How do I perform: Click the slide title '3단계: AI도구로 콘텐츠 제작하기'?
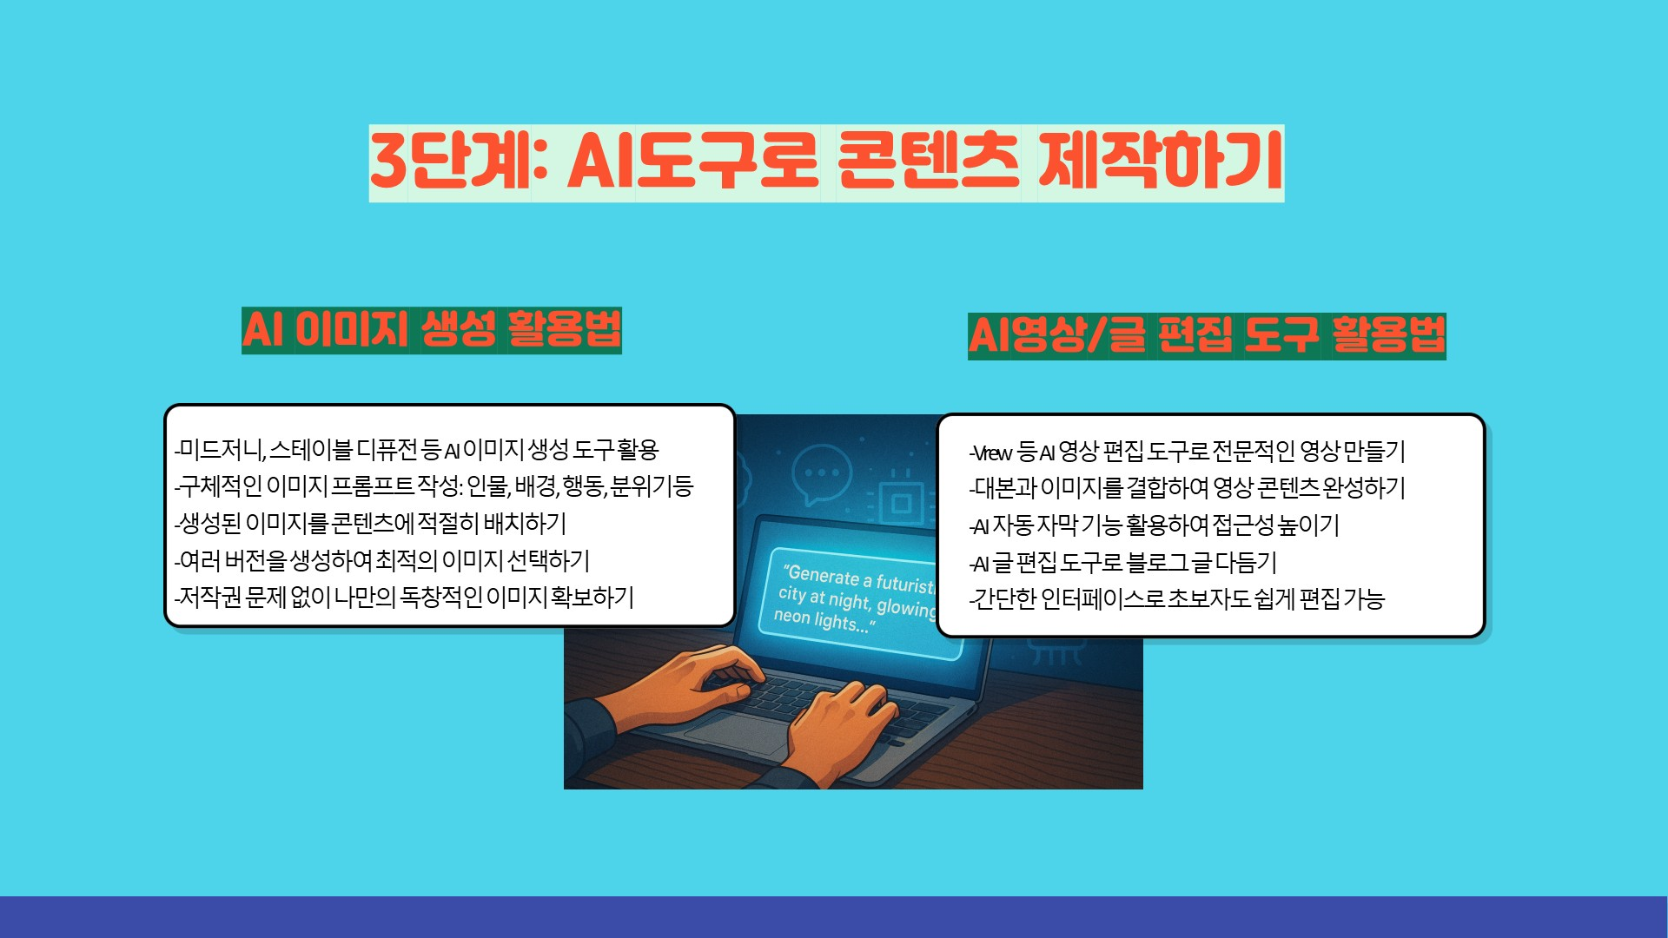(x=826, y=162)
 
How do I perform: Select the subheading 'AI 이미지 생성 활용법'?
(x=432, y=330)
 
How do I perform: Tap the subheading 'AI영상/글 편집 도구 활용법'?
(x=1207, y=335)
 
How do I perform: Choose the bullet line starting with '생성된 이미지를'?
(x=371, y=524)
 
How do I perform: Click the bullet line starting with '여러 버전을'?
(x=382, y=561)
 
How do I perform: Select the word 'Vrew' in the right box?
(x=993, y=452)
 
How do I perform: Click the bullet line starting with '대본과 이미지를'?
(x=1187, y=488)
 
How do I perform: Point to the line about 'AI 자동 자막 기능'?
(x=1154, y=525)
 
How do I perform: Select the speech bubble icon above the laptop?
(x=820, y=474)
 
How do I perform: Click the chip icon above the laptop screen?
(x=901, y=503)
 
